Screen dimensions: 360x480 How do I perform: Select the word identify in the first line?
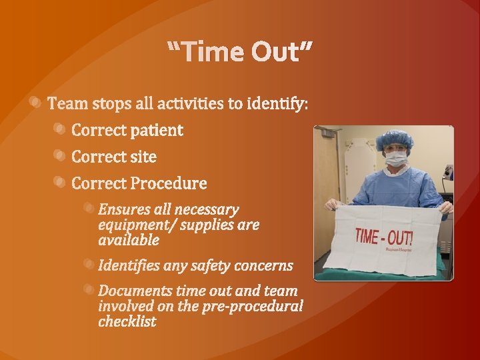click(276, 104)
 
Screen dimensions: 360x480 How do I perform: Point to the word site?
click(143, 157)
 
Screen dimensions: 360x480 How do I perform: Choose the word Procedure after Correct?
click(169, 183)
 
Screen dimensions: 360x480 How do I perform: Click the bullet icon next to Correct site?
click(60, 155)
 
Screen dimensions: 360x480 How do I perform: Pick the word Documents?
click(135, 291)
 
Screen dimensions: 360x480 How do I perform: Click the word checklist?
click(127, 321)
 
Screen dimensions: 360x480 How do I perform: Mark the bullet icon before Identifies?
click(88, 264)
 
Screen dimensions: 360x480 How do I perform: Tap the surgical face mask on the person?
click(396, 159)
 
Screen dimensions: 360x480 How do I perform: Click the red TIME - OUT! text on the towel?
click(383, 236)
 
